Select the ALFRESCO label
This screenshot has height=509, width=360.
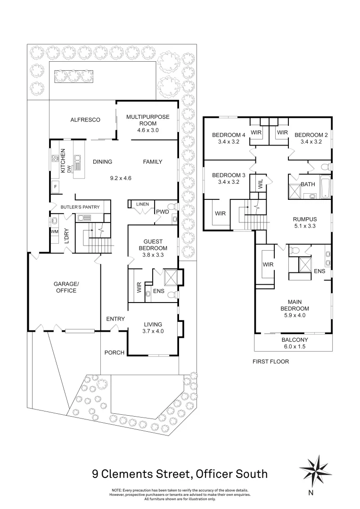tap(85, 120)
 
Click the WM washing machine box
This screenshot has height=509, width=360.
tap(54, 231)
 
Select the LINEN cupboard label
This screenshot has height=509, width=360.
tap(142, 204)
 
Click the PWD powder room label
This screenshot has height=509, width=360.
tap(163, 212)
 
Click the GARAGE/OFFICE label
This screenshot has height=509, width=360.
tap(65, 287)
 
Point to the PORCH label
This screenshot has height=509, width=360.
tap(114, 353)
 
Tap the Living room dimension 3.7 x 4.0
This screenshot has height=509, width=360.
tap(153, 331)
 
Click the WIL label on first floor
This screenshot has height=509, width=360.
tap(260, 183)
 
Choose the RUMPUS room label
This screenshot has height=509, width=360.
tap(305, 219)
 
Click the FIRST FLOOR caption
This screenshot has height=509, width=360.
tap(270, 362)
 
